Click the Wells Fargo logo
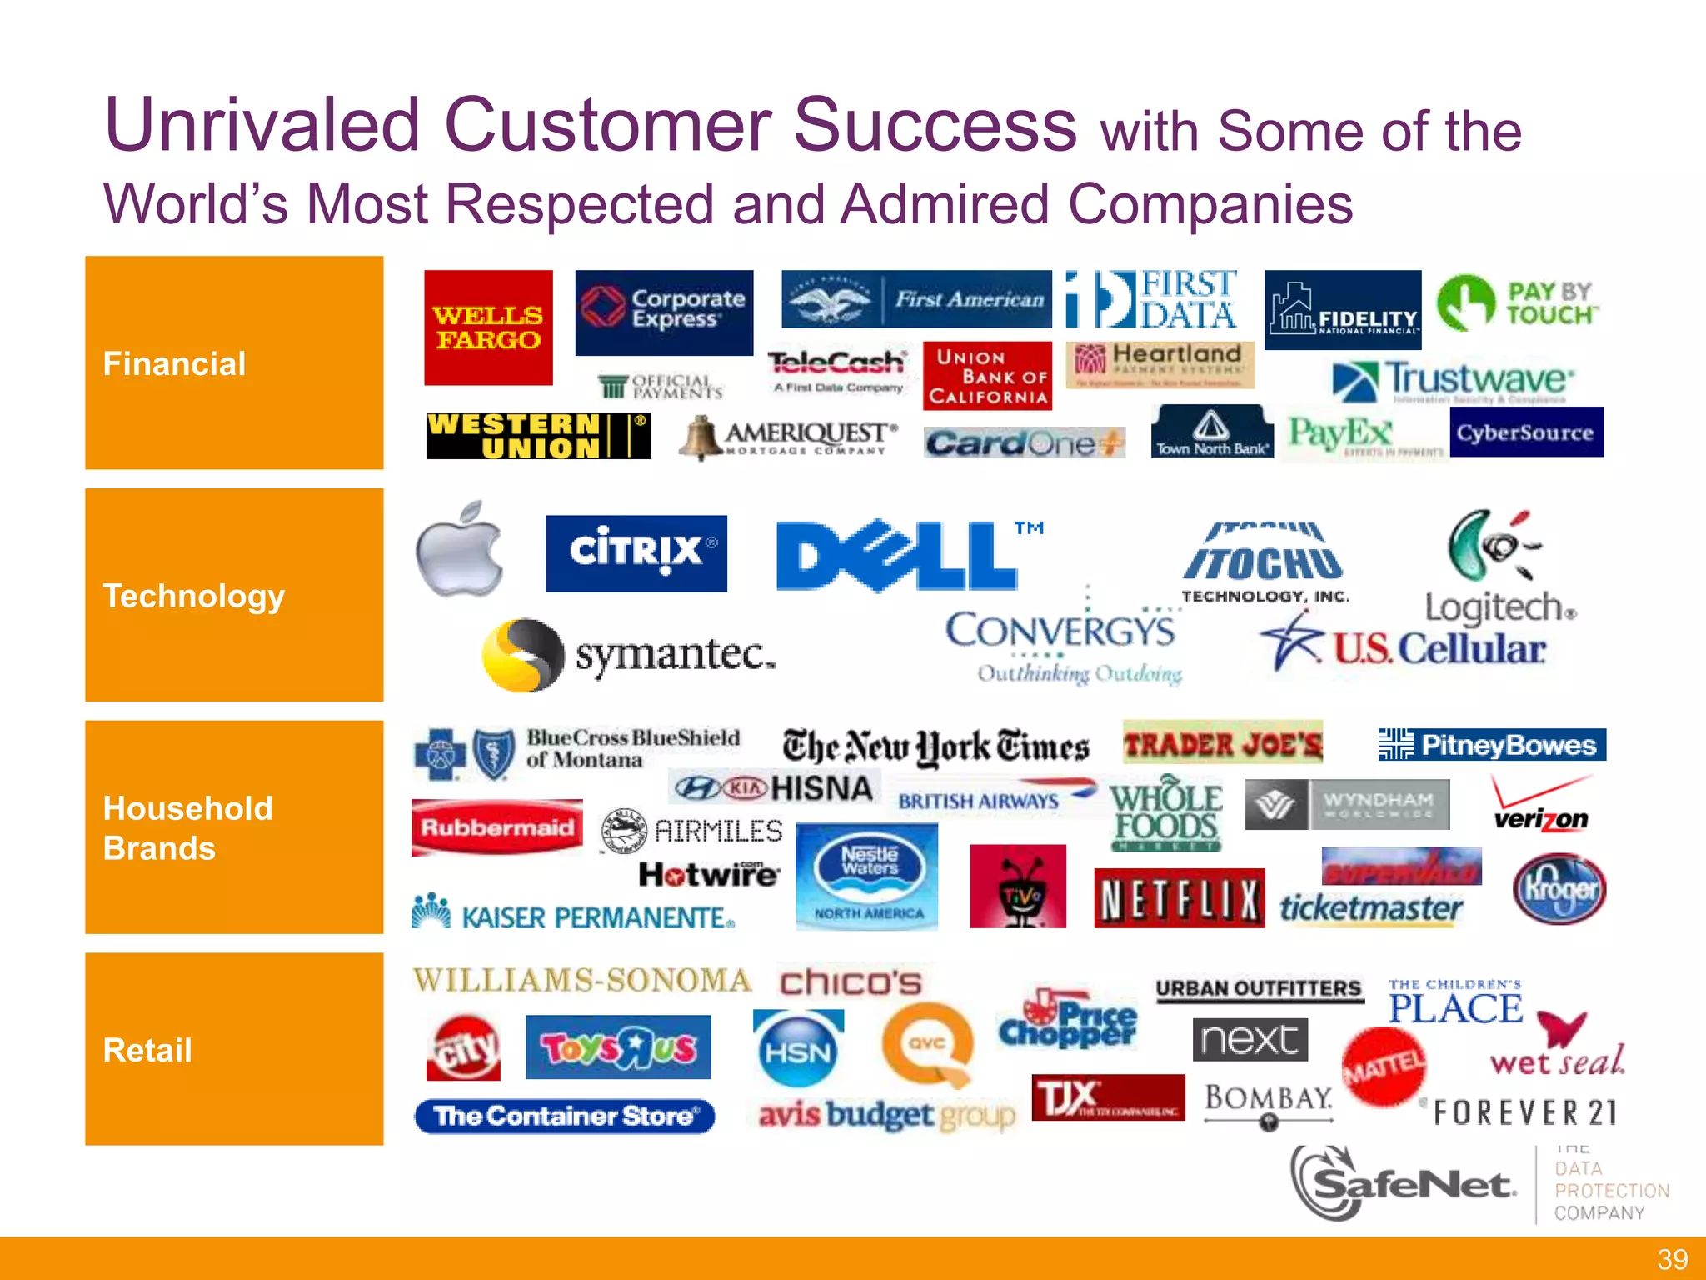tap(488, 327)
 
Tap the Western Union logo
tap(538, 436)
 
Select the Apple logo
tap(460, 549)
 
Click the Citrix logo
tap(636, 553)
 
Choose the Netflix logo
tap(1179, 898)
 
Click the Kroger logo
tap(1559, 889)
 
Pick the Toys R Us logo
tap(618, 1047)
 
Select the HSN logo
tap(797, 1050)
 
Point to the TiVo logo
tap(1018, 887)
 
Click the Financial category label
tap(174, 364)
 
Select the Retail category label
tap(147, 1050)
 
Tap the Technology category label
tap(193, 597)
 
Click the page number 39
tap(1672, 1259)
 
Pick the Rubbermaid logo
tap(497, 827)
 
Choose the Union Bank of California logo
tap(987, 377)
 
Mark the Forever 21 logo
tap(1525, 1112)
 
